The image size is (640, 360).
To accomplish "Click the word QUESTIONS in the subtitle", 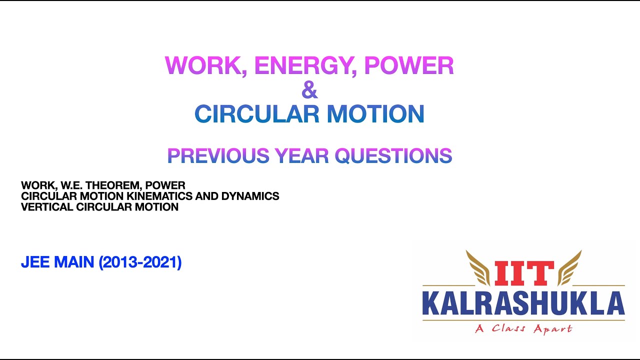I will [x=393, y=156].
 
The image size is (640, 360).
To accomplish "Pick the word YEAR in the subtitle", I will [x=301, y=156].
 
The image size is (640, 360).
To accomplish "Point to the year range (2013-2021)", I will [x=140, y=262].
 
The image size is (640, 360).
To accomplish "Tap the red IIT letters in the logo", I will [x=524, y=273].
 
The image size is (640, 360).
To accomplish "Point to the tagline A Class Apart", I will [x=523, y=328].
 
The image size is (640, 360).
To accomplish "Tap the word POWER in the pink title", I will [x=409, y=66].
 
